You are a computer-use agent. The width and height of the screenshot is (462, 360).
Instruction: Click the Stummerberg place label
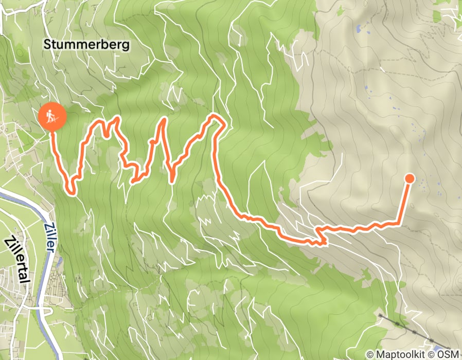[86, 45]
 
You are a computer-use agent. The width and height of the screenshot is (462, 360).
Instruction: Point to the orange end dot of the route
[410, 178]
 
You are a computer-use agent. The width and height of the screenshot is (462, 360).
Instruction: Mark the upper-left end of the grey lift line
[379, 314]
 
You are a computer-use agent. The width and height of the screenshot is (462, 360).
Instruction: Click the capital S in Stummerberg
[47, 45]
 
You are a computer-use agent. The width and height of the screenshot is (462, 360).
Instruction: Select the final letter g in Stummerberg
[127, 46]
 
